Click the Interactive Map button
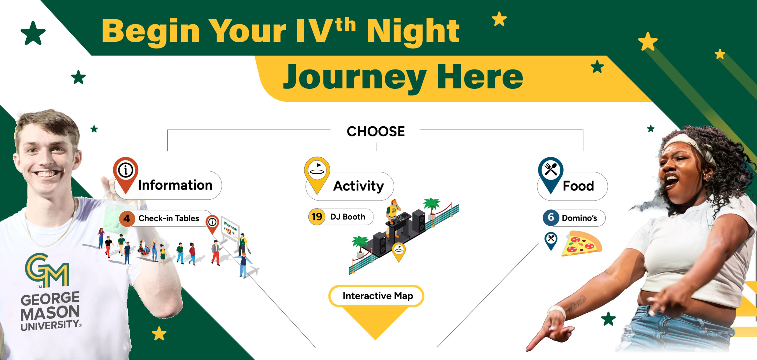coord(376,296)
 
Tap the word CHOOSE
coord(376,131)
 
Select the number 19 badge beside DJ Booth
coord(317,217)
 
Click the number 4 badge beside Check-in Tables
coord(127,219)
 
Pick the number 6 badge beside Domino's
coord(551,217)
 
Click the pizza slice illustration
coord(582,243)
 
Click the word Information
coord(175,185)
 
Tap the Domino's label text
coord(579,218)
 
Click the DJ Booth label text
coord(347,217)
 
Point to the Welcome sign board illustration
coord(230,229)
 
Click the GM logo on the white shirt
coord(47,270)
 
